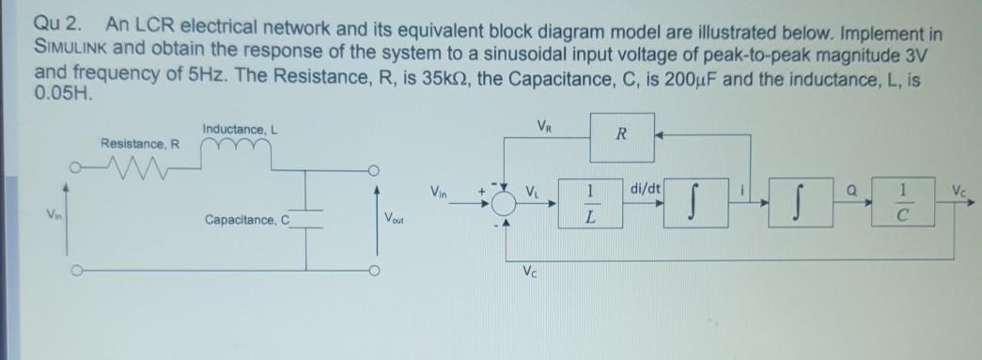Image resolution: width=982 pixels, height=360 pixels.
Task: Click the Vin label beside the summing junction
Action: click(x=440, y=191)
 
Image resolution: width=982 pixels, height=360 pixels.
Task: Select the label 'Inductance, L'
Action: click(x=236, y=129)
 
